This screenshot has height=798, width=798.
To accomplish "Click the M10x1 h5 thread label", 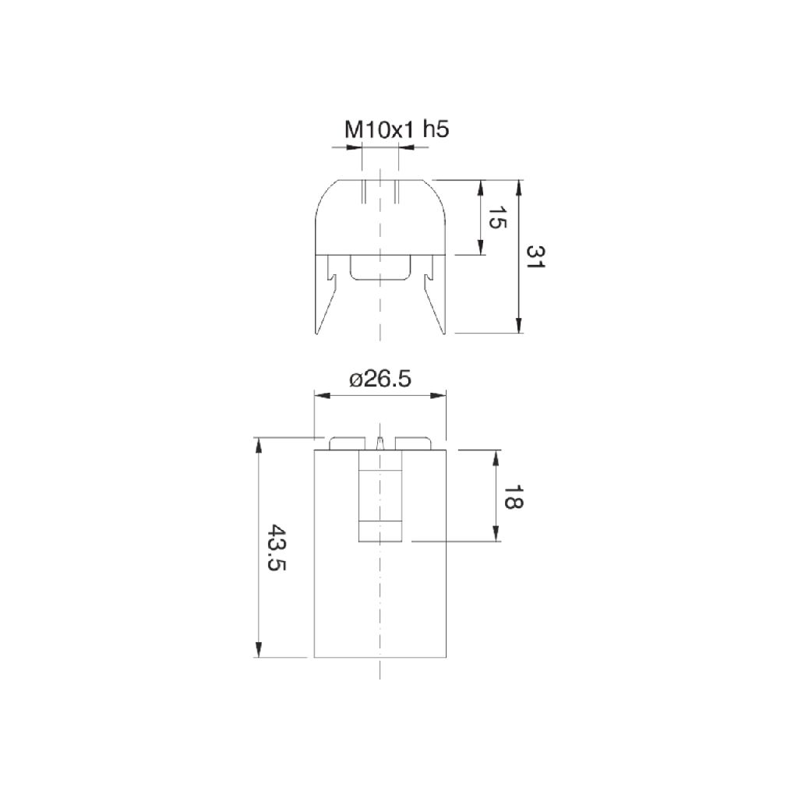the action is click(397, 130).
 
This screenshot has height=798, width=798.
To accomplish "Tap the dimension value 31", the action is click(535, 257).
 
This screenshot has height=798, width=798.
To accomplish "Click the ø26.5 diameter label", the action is click(380, 380).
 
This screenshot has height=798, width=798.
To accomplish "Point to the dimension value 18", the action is click(513, 496).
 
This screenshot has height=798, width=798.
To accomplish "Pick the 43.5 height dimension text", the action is click(277, 547).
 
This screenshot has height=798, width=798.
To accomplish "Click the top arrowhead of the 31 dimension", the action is click(518, 188).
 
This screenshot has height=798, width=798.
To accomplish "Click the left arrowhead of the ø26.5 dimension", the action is click(323, 395).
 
